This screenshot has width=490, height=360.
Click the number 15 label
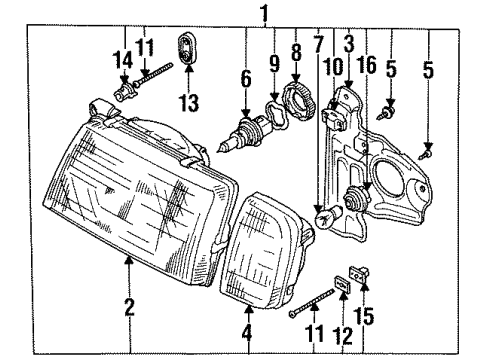tap(363, 317)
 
